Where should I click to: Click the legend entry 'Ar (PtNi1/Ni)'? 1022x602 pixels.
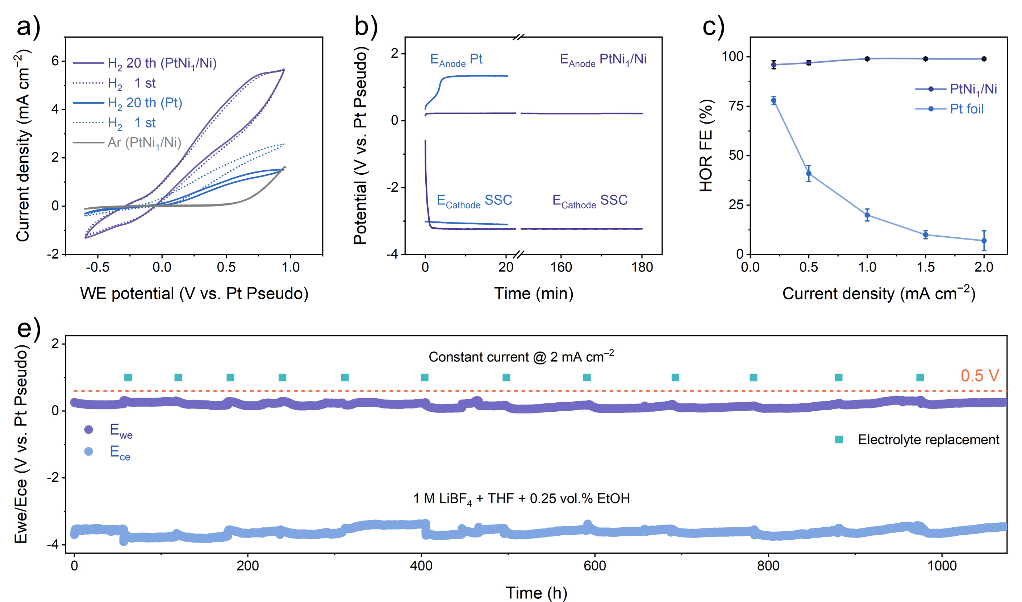coord(144,142)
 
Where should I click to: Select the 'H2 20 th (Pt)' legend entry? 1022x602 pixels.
coord(145,103)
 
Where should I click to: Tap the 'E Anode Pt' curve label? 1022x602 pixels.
coord(456,60)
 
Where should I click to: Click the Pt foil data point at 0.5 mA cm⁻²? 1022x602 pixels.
coord(809,174)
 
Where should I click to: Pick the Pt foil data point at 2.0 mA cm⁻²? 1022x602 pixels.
coord(984,241)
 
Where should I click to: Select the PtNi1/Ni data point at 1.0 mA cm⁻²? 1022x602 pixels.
coord(867,59)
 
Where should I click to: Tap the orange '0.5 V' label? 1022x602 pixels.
coord(979,375)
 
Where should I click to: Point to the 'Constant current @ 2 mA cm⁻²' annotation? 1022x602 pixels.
coord(521,357)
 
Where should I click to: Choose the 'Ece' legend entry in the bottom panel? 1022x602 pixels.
coord(120,452)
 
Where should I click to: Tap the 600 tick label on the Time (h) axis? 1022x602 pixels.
coord(595,565)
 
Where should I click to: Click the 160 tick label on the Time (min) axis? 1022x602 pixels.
coord(561,267)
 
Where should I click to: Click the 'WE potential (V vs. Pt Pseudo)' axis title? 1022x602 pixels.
coord(194,293)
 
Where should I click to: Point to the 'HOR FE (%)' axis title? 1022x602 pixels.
coord(706,145)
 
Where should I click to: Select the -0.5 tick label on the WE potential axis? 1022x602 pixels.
coord(97,267)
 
